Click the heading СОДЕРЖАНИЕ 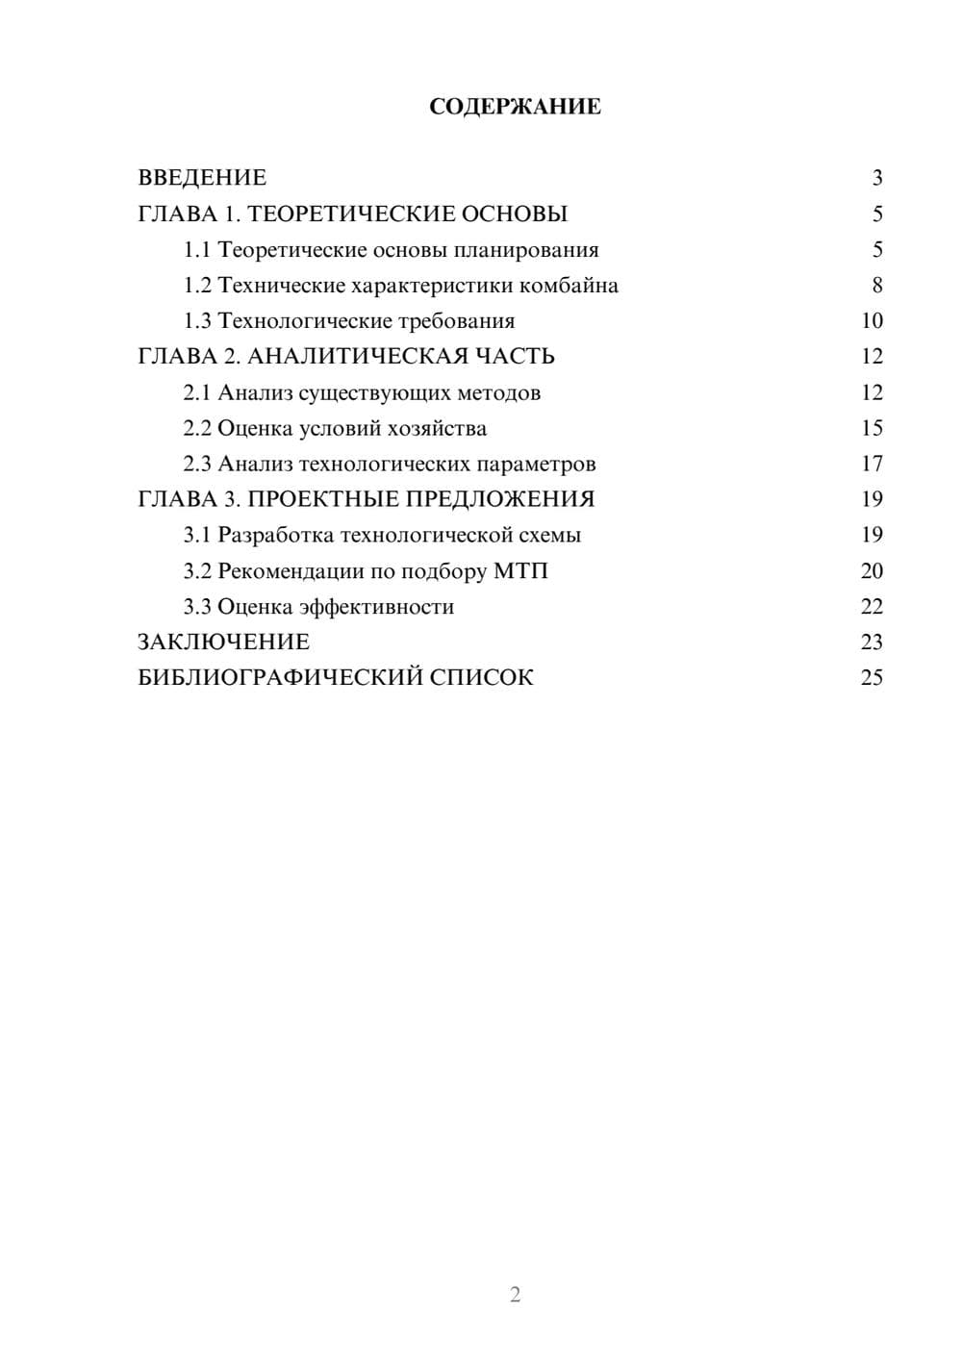click(x=515, y=107)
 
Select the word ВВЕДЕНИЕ click(x=202, y=178)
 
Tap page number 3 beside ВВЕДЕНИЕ click(x=876, y=178)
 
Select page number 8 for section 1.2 click(x=876, y=286)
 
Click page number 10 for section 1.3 click(x=872, y=321)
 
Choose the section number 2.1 click(x=197, y=392)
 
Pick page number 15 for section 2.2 click(x=872, y=428)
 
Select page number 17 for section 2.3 click(x=872, y=464)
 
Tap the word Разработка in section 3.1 click(x=275, y=535)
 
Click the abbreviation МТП click(x=520, y=571)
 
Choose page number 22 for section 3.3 click(x=872, y=607)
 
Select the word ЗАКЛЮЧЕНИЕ click(x=224, y=642)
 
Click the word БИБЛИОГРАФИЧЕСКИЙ click(x=280, y=678)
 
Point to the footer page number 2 click(x=515, y=1295)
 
